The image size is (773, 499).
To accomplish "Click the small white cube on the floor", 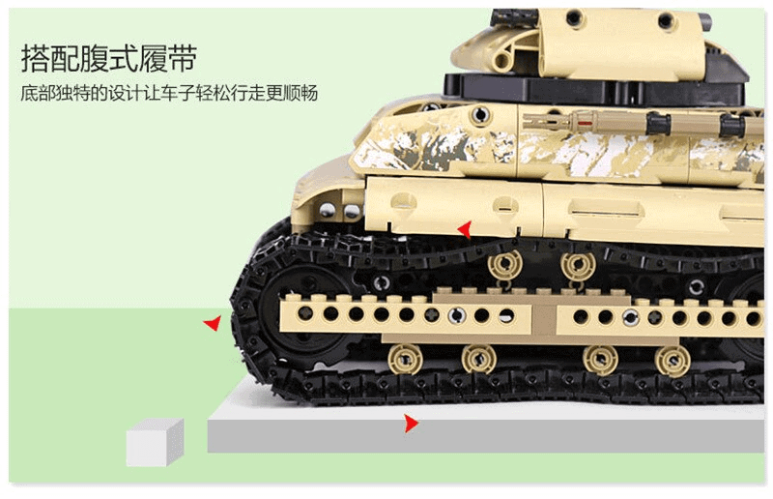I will [x=154, y=443].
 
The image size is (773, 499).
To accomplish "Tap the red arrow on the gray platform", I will [x=412, y=423].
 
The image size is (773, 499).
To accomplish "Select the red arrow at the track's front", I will [x=212, y=324].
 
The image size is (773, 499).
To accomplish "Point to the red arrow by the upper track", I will [x=466, y=229].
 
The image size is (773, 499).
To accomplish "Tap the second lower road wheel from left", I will [x=478, y=360].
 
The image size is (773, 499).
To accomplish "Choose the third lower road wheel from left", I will [x=601, y=360].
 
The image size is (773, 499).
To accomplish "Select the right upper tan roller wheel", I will [x=578, y=266].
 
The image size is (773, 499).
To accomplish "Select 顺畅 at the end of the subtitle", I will [x=300, y=95].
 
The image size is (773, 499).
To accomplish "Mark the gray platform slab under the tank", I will [x=483, y=435].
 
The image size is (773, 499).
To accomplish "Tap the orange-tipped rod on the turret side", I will [x=589, y=124].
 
